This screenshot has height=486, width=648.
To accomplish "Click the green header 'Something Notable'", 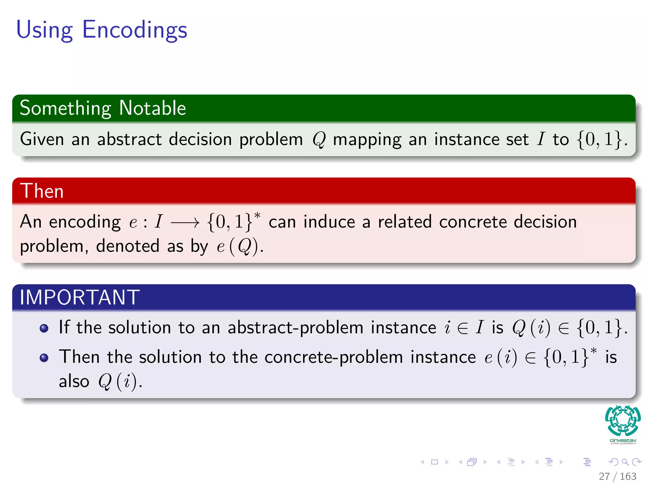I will click(x=103, y=108).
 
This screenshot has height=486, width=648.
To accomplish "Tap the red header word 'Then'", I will click(x=42, y=191).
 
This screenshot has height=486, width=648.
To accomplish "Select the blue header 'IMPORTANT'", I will click(x=79, y=297).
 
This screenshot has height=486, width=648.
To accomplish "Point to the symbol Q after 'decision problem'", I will click(x=319, y=140).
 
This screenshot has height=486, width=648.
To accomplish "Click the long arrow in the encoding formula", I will click(x=185, y=223).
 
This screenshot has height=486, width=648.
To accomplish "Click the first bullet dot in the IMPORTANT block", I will click(x=44, y=328).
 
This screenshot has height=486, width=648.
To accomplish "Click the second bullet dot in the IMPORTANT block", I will click(x=44, y=358).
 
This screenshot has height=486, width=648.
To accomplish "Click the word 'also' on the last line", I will click(x=74, y=381).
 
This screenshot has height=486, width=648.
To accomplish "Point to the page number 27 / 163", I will click(x=617, y=476).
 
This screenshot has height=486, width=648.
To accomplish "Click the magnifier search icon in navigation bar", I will click(x=625, y=462).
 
